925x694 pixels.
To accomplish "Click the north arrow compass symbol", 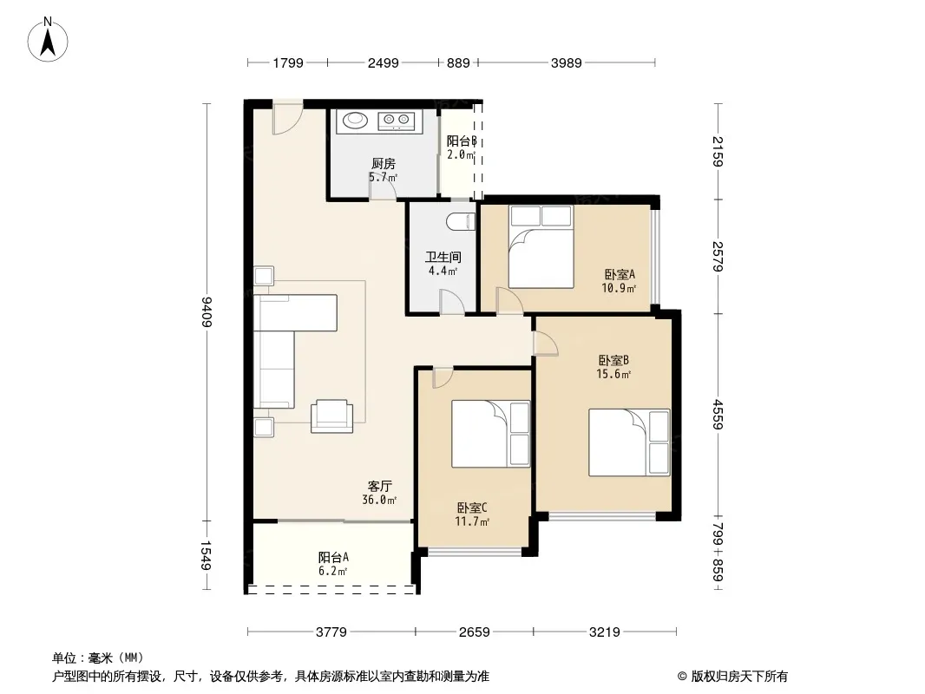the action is pos(48,40).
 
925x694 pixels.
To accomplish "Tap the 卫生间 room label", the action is pos(443,257).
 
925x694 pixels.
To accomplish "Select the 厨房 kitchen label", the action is pos(383,163).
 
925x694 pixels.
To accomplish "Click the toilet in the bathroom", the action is pos(461,222).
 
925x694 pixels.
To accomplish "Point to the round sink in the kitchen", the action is pos(355,120).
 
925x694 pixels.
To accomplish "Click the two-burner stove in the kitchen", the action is pos(397,121).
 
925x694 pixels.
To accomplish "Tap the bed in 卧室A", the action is pos(541,246).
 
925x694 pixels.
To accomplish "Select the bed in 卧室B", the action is pos(629,442).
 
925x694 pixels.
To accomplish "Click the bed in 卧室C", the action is pos(491,434).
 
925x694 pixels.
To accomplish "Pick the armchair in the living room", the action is pos(332,416).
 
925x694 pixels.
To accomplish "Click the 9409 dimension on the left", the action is pos(207,311).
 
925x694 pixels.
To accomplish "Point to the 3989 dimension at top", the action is pos(567,62).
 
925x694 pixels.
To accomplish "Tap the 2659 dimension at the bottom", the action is pos(475,632).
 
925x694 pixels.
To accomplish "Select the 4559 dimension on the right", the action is pos(718,414).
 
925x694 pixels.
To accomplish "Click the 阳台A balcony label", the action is pos(333,557).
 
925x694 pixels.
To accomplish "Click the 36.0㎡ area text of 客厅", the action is pos(379,500).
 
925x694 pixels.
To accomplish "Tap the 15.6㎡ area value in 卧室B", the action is pos(614,375).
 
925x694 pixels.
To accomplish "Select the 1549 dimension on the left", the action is pos(206,555).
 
